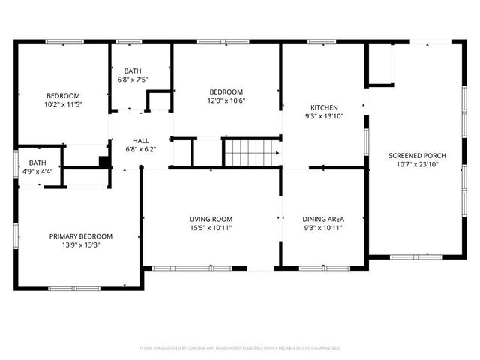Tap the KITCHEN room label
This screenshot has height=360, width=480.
(x=325, y=107)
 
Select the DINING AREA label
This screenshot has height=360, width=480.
(x=324, y=218)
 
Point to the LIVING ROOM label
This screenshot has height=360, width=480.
(x=210, y=218)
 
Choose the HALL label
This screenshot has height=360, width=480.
(x=141, y=140)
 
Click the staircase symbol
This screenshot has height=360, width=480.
(x=253, y=152)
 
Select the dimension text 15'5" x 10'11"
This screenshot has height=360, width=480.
(x=210, y=227)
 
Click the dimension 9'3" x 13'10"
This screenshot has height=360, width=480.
(x=325, y=116)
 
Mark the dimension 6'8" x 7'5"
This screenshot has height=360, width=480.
(x=133, y=79)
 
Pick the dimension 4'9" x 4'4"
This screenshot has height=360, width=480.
(x=37, y=172)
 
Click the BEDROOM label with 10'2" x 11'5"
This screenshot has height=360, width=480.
(x=63, y=95)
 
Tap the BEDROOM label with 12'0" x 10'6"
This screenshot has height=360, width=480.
(x=226, y=91)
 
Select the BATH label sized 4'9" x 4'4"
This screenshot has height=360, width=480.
(x=37, y=163)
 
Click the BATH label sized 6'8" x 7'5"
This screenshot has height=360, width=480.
(x=133, y=71)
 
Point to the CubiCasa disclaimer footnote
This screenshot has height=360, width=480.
(x=240, y=348)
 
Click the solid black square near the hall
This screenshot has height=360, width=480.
(x=104, y=160)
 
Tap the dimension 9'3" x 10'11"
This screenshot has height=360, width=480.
(x=324, y=227)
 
